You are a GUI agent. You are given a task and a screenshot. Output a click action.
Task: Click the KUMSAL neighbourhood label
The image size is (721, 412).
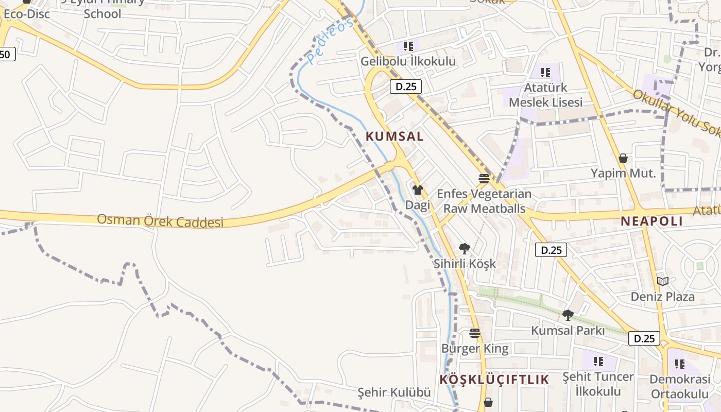click(394, 136)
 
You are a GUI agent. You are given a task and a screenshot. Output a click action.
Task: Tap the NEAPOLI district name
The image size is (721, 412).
click(651, 221)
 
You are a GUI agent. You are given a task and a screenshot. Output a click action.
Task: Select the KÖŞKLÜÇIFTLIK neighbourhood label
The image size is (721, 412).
click(494, 380)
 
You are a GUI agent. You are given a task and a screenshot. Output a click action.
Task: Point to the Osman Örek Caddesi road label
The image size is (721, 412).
click(160, 220)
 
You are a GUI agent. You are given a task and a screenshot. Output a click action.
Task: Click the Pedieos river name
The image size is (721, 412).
click(331, 41)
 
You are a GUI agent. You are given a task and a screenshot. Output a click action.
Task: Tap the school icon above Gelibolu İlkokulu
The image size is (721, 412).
click(408, 46)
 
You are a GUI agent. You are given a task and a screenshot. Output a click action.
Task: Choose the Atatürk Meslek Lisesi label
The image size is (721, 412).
click(545, 95)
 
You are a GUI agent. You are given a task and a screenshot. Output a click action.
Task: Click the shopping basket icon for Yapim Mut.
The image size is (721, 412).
click(623, 158)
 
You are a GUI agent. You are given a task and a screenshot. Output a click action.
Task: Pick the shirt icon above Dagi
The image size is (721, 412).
click(418, 190)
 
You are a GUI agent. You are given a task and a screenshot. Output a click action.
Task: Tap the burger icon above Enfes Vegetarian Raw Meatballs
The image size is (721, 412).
click(484, 179)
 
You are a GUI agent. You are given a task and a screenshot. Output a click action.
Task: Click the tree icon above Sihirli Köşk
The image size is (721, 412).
click(465, 249)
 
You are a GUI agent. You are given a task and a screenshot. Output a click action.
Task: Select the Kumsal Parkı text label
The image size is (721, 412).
click(568, 331)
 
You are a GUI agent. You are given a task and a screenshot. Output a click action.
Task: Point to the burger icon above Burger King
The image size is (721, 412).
click(475, 333)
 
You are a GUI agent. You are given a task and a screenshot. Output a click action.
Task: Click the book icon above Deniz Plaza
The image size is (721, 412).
click(663, 281)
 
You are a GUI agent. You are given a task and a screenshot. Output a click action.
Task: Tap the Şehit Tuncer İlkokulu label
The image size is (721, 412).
click(597, 384)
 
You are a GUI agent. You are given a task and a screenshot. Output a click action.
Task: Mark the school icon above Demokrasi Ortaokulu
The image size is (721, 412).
click(679, 364)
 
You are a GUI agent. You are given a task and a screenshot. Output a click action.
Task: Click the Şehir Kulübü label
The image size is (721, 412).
click(394, 392)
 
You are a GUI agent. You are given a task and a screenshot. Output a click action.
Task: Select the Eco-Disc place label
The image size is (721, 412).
click(27, 14)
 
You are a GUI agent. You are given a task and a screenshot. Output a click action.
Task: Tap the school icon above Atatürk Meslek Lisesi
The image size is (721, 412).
click(545, 73)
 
